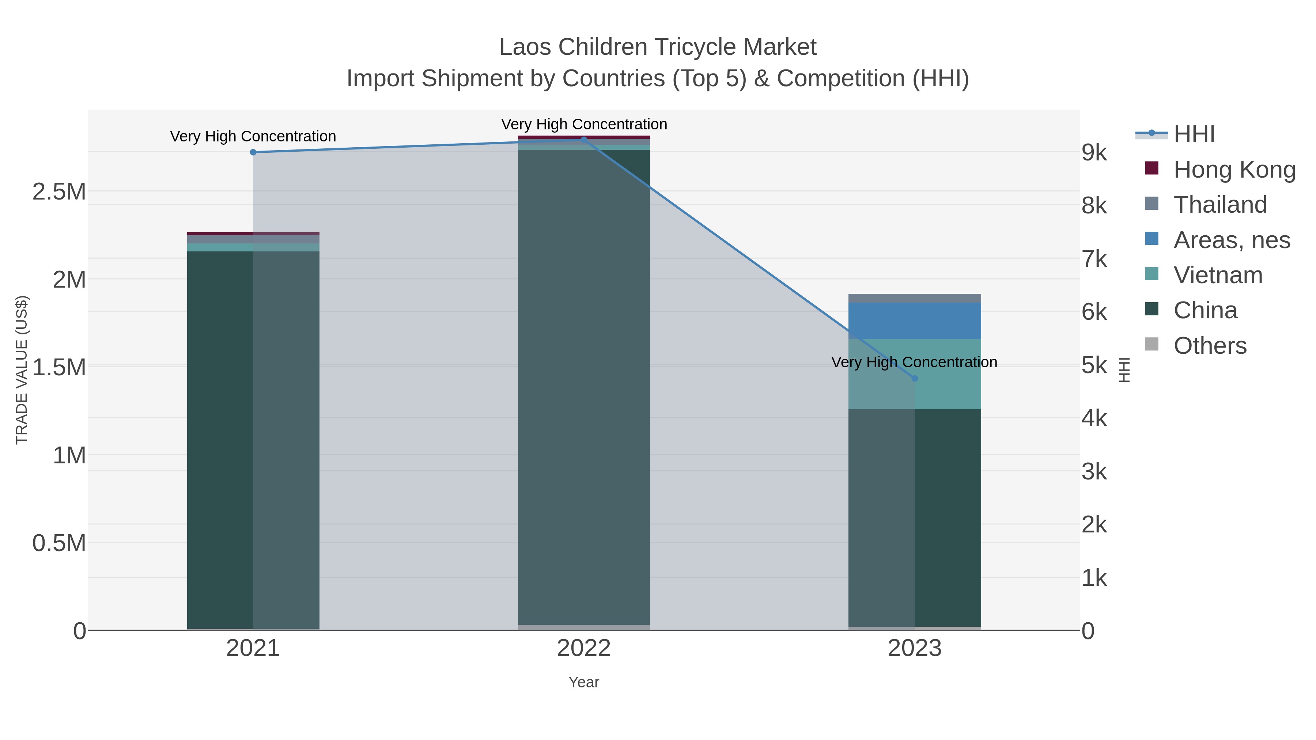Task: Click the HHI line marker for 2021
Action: click(x=253, y=152)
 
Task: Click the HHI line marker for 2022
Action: click(x=584, y=140)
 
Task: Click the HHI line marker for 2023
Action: click(x=915, y=379)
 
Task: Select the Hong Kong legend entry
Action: click(x=1234, y=170)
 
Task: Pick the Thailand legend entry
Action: click(x=1220, y=205)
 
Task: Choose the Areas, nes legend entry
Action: click(x=1231, y=240)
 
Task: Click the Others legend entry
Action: click(x=1209, y=346)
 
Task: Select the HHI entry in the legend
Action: click(x=1194, y=134)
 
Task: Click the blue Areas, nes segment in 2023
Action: click(x=915, y=321)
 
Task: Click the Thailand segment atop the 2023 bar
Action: click(x=915, y=298)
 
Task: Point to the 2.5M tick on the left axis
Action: click(x=59, y=192)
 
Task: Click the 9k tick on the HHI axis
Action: click(x=1094, y=153)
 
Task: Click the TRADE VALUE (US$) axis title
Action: click(x=22, y=370)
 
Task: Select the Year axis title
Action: click(x=583, y=682)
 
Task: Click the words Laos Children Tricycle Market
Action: click(x=658, y=47)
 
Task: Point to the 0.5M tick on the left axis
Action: click(x=59, y=543)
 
